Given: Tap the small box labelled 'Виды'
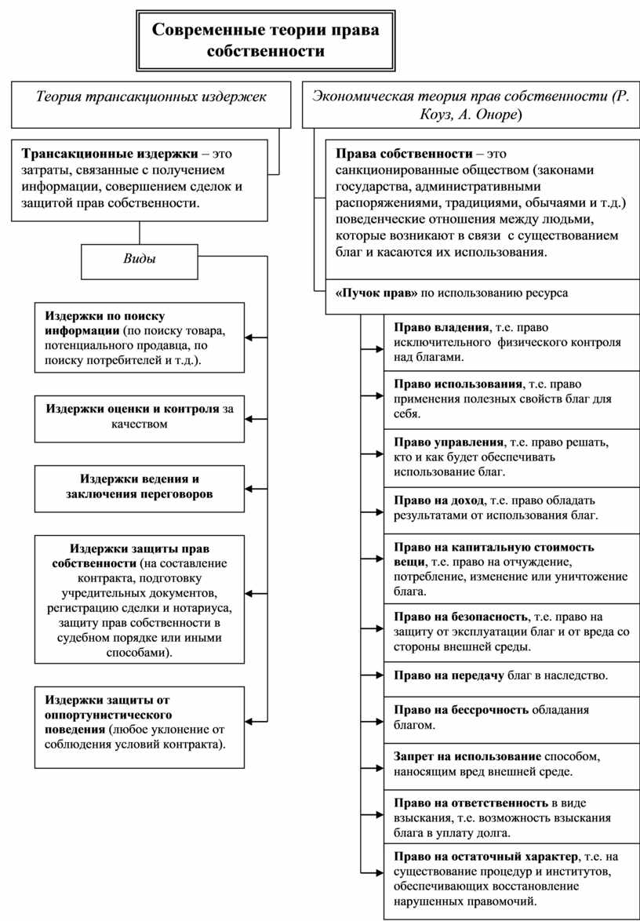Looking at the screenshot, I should coord(140,260).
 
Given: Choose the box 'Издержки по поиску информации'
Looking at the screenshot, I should coord(139,338).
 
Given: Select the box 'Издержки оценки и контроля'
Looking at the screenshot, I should coord(139,417).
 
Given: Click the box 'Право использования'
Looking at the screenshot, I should coord(511,399).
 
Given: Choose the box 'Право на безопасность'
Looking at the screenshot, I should coord(511,632).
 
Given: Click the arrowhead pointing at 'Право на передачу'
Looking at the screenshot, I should coord(365,675).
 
